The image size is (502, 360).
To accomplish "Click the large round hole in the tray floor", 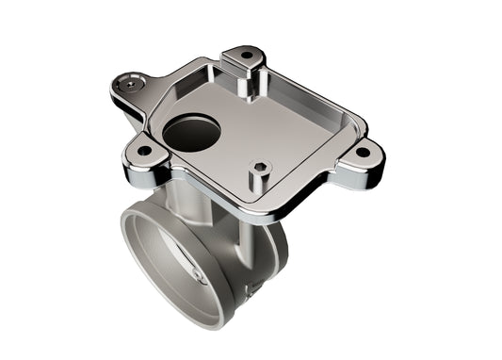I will tap(191, 133).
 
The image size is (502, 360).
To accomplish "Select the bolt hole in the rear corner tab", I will tap(247, 56).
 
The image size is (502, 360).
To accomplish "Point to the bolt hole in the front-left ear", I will tap(144, 150).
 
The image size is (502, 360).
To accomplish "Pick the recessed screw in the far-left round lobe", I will tap(127, 85).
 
